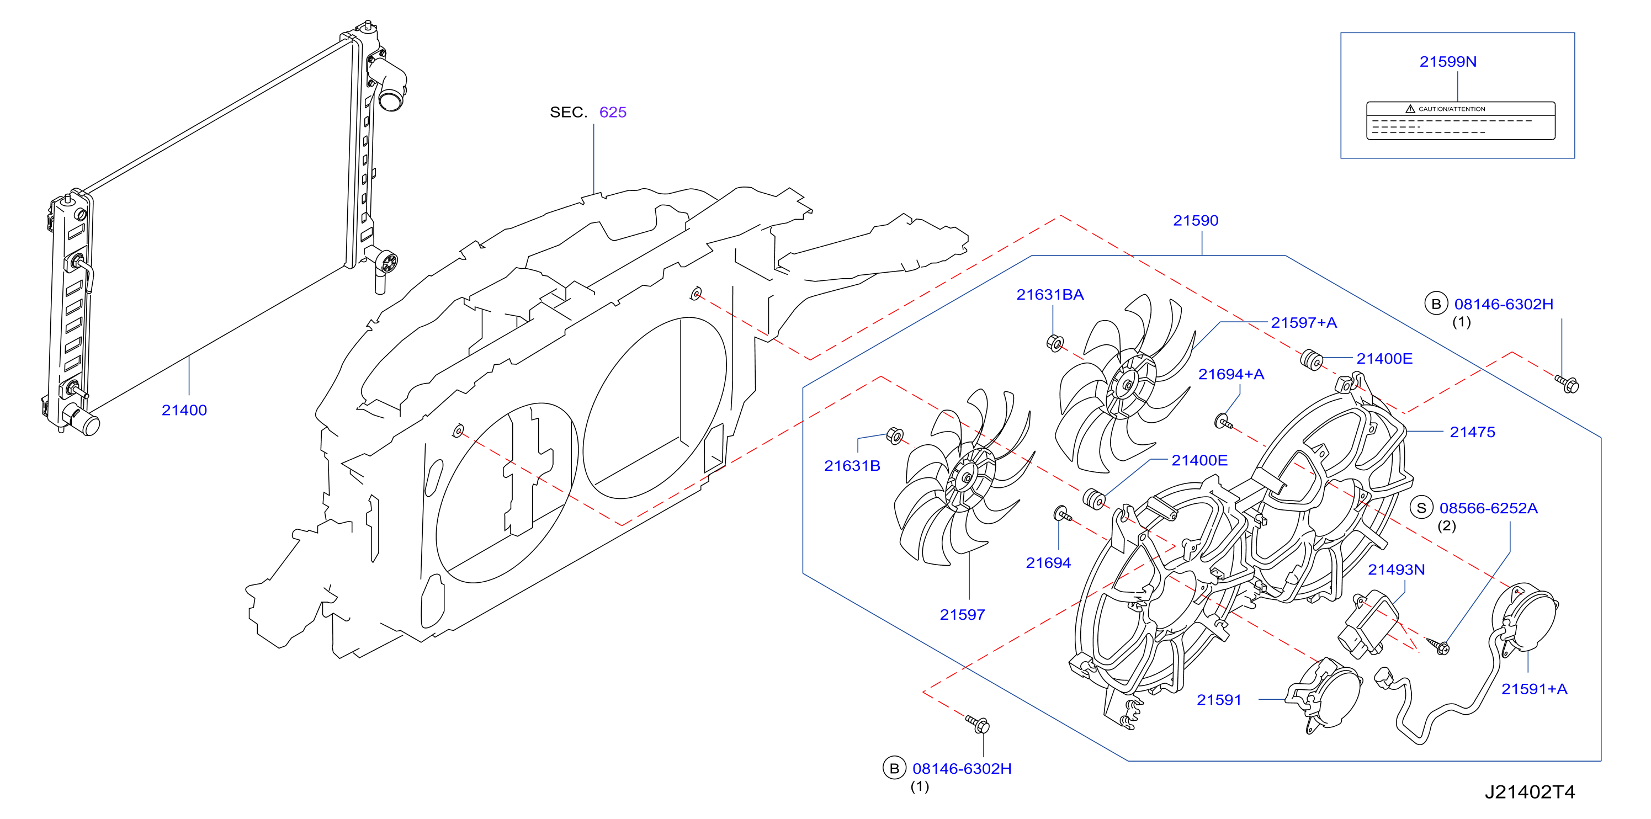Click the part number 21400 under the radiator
coord(184,410)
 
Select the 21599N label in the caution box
coord(1448,61)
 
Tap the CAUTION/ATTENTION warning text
coord(1452,109)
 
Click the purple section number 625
coord(613,112)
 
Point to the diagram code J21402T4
coord(1530,793)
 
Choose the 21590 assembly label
coord(1195,220)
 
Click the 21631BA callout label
coord(1050,295)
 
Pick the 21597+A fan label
coord(1304,323)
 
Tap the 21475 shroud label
coord(1472,432)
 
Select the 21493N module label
coord(1397,570)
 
